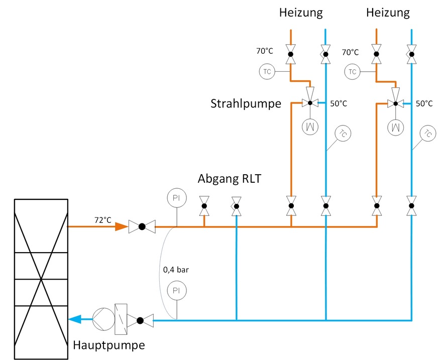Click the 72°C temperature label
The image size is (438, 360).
pyautogui.click(x=102, y=220)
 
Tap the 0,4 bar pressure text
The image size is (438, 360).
pyautogui.click(x=176, y=270)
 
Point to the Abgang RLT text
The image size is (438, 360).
pyautogui.click(x=230, y=179)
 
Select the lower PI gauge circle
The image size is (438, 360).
pyautogui.click(x=176, y=291)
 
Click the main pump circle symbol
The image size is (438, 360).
pyautogui.click(x=102, y=319)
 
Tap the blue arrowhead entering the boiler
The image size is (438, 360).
pyautogui.click(x=76, y=319)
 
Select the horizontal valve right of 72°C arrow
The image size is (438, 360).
pyautogui.click(x=142, y=226)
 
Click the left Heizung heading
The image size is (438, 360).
pyautogui.click(x=300, y=12)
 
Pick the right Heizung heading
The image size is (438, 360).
pyautogui.click(x=388, y=12)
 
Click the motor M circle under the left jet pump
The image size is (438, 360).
pyautogui.click(x=310, y=126)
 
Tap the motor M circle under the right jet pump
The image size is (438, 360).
pyautogui.click(x=395, y=126)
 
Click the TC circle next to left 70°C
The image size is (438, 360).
pyautogui.click(x=267, y=72)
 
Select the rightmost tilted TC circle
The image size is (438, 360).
pyautogui.click(x=427, y=134)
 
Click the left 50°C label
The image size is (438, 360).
pyautogui.click(x=339, y=104)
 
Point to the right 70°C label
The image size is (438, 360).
pyautogui.click(x=350, y=52)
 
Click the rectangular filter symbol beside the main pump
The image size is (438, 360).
pyautogui.click(x=121, y=319)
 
